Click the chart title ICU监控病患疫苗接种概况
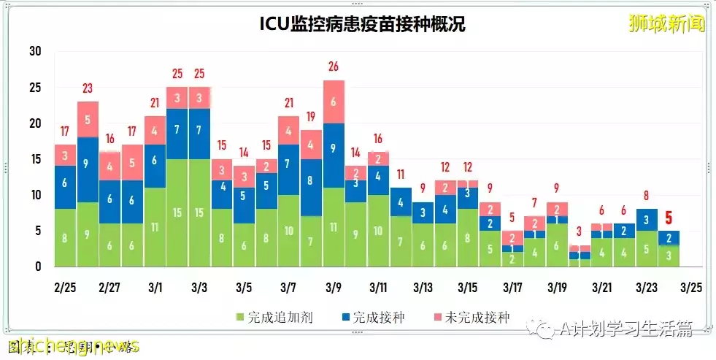pos(362,24)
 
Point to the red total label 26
pos(334,67)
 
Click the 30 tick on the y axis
pos(35,52)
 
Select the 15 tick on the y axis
pos(35,159)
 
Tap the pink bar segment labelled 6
pos(334,102)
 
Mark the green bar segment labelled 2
pos(512,259)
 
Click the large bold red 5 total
pos(668,218)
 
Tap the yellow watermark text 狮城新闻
pos(666,23)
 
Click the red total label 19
pos(311,117)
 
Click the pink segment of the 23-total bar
pos(88,119)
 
